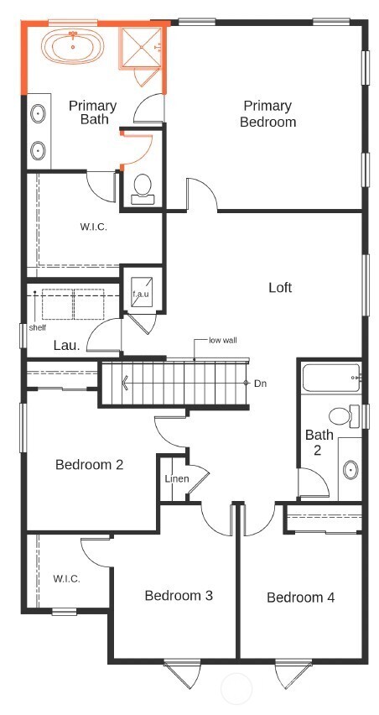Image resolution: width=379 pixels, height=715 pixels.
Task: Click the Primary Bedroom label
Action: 268,114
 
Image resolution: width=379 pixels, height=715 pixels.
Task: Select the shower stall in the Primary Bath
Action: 139,48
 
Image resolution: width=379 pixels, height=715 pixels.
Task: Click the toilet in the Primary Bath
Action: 142,186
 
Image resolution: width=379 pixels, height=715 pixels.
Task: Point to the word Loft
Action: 280,288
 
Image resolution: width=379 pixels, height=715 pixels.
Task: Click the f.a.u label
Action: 140,295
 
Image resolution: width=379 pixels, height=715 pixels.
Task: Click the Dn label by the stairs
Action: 261,384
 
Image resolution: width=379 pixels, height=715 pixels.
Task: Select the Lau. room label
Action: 66,344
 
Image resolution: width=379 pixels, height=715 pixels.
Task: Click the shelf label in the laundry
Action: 38,327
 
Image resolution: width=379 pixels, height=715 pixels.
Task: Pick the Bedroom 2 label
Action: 90,464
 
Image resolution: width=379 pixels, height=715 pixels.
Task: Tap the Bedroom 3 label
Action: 179,595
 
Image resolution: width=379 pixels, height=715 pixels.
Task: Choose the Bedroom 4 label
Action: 301,598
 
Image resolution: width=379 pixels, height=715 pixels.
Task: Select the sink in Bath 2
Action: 350,468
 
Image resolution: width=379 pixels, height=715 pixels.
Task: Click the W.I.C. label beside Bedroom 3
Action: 66,579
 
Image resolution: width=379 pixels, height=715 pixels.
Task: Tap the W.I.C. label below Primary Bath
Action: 94,227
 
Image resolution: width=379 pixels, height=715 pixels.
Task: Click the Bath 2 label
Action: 319,442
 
